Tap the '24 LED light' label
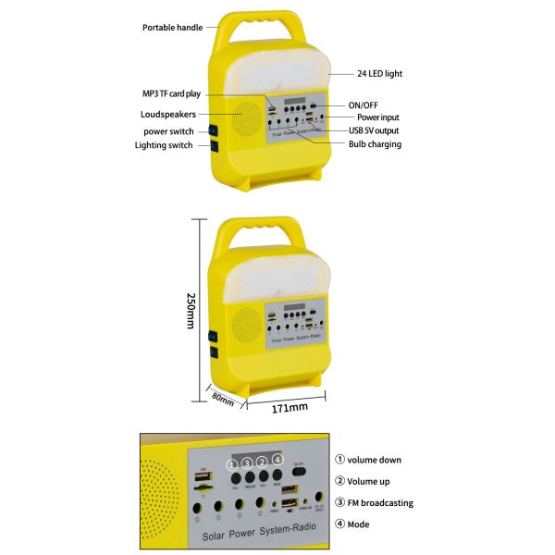coord(379,73)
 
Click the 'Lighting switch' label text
coord(164,145)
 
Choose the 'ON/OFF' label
coord(364,105)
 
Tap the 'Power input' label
coord(378,117)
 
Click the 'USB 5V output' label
coord(376,130)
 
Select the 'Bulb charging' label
coord(375,144)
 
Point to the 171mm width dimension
coord(290,408)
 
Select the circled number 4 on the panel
coord(277,460)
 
